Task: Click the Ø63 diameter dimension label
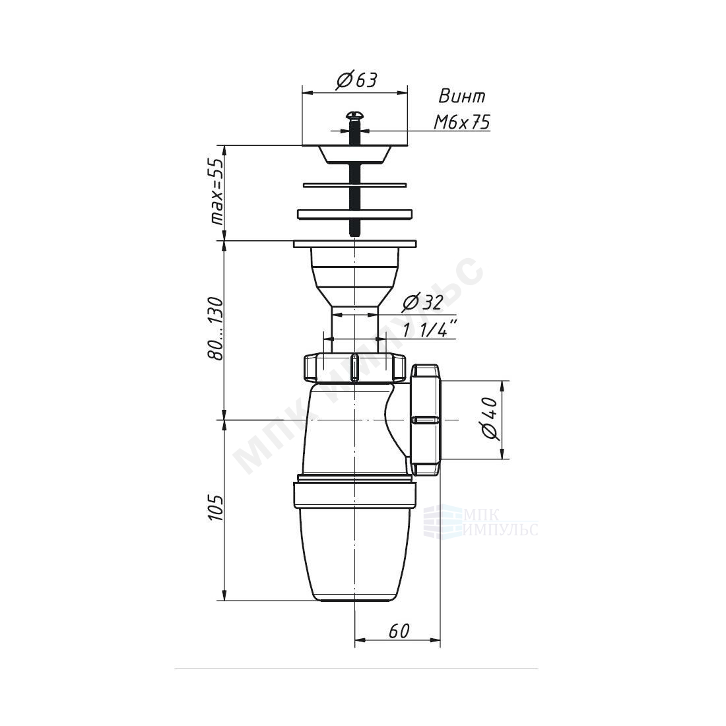point(356,81)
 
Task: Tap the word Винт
point(461,96)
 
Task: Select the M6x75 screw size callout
point(461,122)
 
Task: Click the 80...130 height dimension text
point(216,328)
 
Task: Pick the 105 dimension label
point(216,508)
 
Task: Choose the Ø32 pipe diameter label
point(422,303)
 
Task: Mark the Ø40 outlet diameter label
point(490,418)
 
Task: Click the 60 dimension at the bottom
point(399,630)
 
